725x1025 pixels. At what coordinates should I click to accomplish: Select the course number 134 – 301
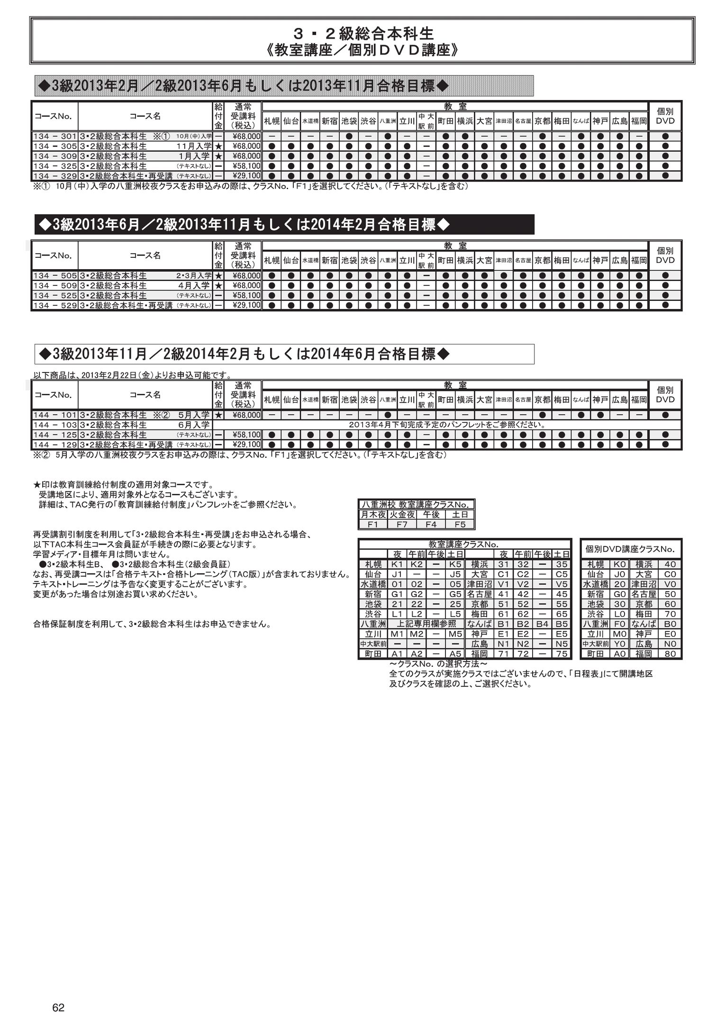(x=55, y=136)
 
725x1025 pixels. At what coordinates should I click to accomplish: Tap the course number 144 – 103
(x=55, y=425)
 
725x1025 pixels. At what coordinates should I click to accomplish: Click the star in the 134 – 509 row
(x=218, y=285)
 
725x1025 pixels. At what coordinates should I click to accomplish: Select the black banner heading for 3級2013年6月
(x=284, y=225)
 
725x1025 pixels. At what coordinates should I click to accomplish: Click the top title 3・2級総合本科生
(x=363, y=34)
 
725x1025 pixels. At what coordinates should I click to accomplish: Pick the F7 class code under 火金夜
(x=402, y=525)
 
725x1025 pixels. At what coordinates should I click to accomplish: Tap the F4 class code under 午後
(x=431, y=525)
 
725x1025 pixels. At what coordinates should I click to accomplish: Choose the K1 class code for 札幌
(x=397, y=564)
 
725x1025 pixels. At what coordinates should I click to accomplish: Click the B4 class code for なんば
(x=542, y=624)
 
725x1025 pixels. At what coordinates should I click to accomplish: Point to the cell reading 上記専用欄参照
(x=426, y=624)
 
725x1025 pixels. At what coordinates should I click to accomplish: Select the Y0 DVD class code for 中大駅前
(x=619, y=644)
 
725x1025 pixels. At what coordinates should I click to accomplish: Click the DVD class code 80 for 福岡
(x=670, y=654)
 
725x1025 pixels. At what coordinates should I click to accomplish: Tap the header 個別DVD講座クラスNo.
(x=630, y=549)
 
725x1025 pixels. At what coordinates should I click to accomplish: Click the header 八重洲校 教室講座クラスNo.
(x=416, y=505)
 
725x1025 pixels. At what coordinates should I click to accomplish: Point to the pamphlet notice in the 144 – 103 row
(x=447, y=425)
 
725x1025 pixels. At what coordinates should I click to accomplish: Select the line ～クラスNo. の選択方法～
(x=438, y=664)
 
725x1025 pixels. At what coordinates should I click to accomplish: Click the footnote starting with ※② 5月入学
(x=239, y=455)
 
